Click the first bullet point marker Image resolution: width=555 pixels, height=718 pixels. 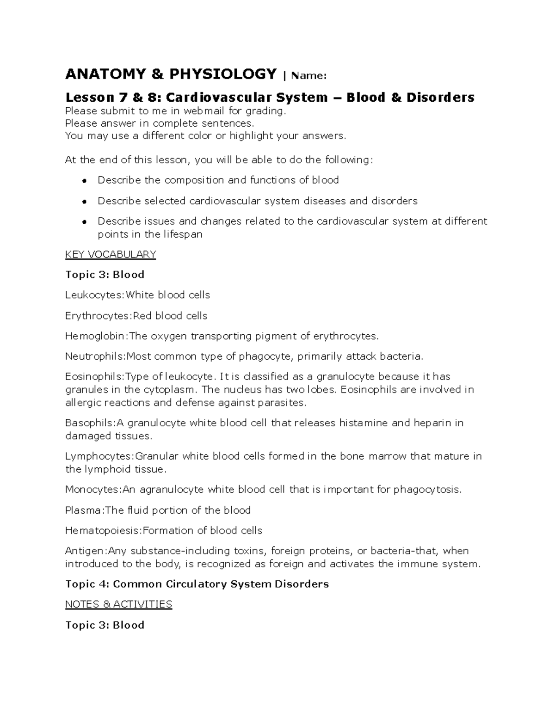coord(85,181)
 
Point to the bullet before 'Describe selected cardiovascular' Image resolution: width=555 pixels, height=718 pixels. coord(85,202)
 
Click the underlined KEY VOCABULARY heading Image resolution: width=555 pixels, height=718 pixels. coord(111,254)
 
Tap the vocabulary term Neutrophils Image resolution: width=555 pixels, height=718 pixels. coord(95,356)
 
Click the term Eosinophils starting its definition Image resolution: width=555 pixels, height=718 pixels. coord(94,377)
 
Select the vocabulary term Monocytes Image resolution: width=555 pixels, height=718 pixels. coord(92,490)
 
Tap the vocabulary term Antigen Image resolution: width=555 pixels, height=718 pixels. coord(86,551)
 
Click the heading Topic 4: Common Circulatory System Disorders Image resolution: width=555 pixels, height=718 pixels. coord(197,584)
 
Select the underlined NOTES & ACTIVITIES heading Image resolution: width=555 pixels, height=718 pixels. coord(118,604)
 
